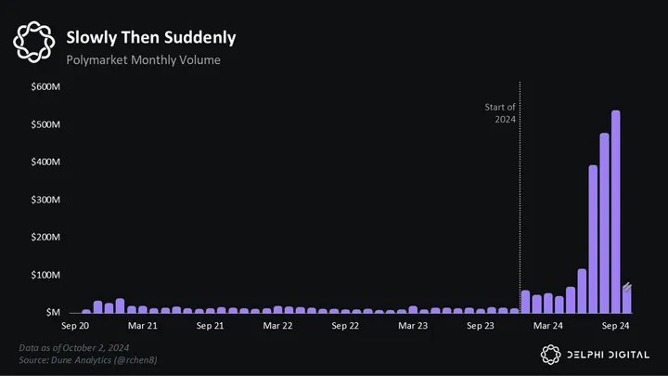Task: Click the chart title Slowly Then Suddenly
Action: (150, 38)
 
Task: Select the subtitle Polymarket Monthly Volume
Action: (143, 60)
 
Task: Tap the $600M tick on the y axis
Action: (45, 86)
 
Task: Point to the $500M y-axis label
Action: (45, 124)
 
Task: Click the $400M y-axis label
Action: (45, 162)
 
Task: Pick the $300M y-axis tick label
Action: (45, 200)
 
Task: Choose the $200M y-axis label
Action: (45, 238)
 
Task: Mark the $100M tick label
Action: (45, 276)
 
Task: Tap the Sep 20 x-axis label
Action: (76, 327)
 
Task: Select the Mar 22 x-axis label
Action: (277, 327)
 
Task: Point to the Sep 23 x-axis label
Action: (481, 327)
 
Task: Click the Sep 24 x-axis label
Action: (615, 327)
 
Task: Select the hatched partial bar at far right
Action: (627, 299)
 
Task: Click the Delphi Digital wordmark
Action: (610, 353)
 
